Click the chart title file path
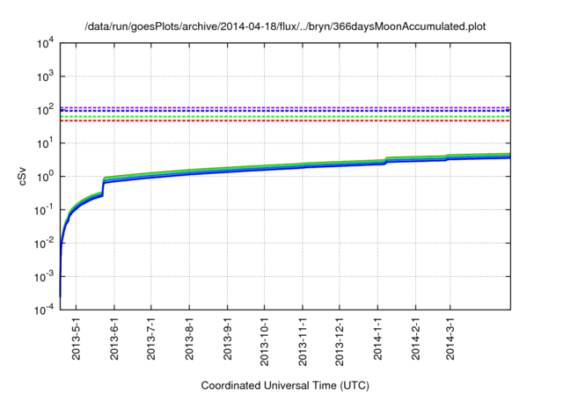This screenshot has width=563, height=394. point(285,27)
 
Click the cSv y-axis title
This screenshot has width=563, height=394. point(24,176)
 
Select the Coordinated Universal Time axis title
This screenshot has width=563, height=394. point(285,385)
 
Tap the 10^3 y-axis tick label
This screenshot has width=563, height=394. point(46,77)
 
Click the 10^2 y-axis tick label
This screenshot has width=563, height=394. point(46,110)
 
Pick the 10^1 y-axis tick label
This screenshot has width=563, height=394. point(46,142)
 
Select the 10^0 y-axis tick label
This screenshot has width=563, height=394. point(46,176)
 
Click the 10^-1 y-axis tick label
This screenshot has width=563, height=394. point(44,209)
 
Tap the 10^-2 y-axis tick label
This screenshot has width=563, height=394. point(44,243)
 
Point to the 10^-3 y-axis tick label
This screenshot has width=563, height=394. point(44,275)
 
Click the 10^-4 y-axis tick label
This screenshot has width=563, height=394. point(44,309)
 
